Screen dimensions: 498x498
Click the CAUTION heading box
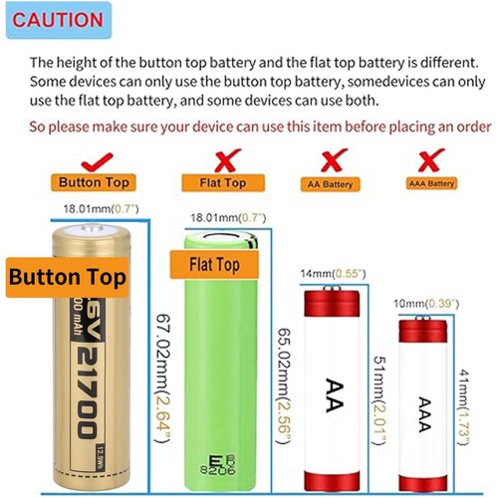pyautogui.click(x=58, y=20)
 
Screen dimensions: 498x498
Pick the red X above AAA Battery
pyautogui.click(x=431, y=159)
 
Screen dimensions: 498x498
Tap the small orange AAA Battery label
pyautogui.click(x=431, y=184)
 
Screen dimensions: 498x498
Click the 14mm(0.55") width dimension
pyautogui.click(x=330, y=274)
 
